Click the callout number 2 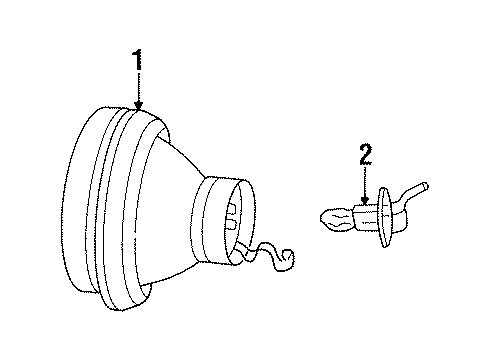[x=364, y=153]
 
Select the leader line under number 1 [x=139, y=88]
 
